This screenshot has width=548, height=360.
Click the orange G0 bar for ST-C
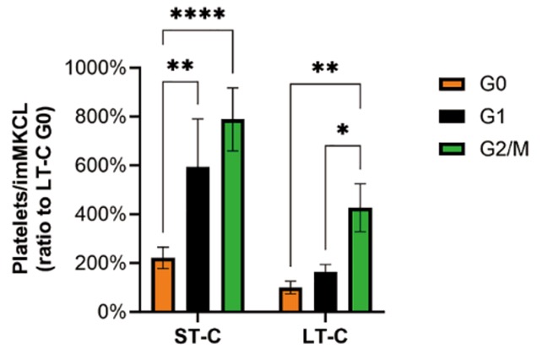click(x=162, y=285)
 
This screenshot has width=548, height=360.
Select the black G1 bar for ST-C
click(x=198, y=239)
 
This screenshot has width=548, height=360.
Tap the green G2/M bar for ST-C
click(x=233, y=215)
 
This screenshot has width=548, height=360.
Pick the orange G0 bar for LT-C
click(x=290, y=299)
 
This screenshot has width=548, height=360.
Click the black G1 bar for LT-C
click(x=325, y=292)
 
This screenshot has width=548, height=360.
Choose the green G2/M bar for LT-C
click(x=361, y=259)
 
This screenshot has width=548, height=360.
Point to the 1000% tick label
click(x=95, y=68)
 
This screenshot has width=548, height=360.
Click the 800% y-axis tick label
click(x=100, y=117)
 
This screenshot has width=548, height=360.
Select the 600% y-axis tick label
click(x=100, y=166)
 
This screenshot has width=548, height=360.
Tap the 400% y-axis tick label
click(x=100, y=214)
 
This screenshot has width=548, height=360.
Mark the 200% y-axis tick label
click(x=100, y=263)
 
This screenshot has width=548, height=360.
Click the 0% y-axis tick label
click(x=111, y=312)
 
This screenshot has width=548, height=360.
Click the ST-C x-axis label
click(x=198, y=337)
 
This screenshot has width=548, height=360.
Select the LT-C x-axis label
click(x=325, y=337)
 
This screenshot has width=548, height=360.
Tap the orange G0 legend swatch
click(x=452, y=85)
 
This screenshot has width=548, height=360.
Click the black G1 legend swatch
click(x=452, y=117)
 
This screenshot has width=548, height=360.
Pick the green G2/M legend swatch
click(x=452, y=149)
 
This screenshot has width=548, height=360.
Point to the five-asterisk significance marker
click(x=198, y=14)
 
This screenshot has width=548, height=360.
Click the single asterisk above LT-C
click(x=343, y=130)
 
